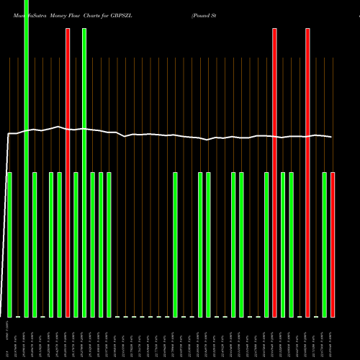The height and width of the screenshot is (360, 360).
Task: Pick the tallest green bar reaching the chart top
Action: (x=27, y=158)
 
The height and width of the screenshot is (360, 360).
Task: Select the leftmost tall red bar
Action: (x=68, y=173)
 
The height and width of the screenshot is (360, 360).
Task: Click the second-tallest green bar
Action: (x=84, y=173)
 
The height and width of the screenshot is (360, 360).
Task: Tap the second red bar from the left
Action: (x=275, y=173)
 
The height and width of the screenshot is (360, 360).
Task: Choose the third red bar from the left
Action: (x=308, y=173)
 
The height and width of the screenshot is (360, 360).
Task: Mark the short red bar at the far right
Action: (x=333, y=245)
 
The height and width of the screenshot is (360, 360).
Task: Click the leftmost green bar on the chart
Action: (x=10, y=245)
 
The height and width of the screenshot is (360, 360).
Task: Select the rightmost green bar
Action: (x=325, y=245)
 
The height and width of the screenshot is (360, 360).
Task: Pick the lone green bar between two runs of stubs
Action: (x=175, y=245)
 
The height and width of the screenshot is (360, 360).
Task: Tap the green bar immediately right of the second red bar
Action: (x=284, y=245)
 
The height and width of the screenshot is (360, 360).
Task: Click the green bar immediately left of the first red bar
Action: (x=60, y=245)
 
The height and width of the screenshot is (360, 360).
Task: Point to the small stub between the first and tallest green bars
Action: (x=18, y=316)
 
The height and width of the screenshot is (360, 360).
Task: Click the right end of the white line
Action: (x=332, y=137)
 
